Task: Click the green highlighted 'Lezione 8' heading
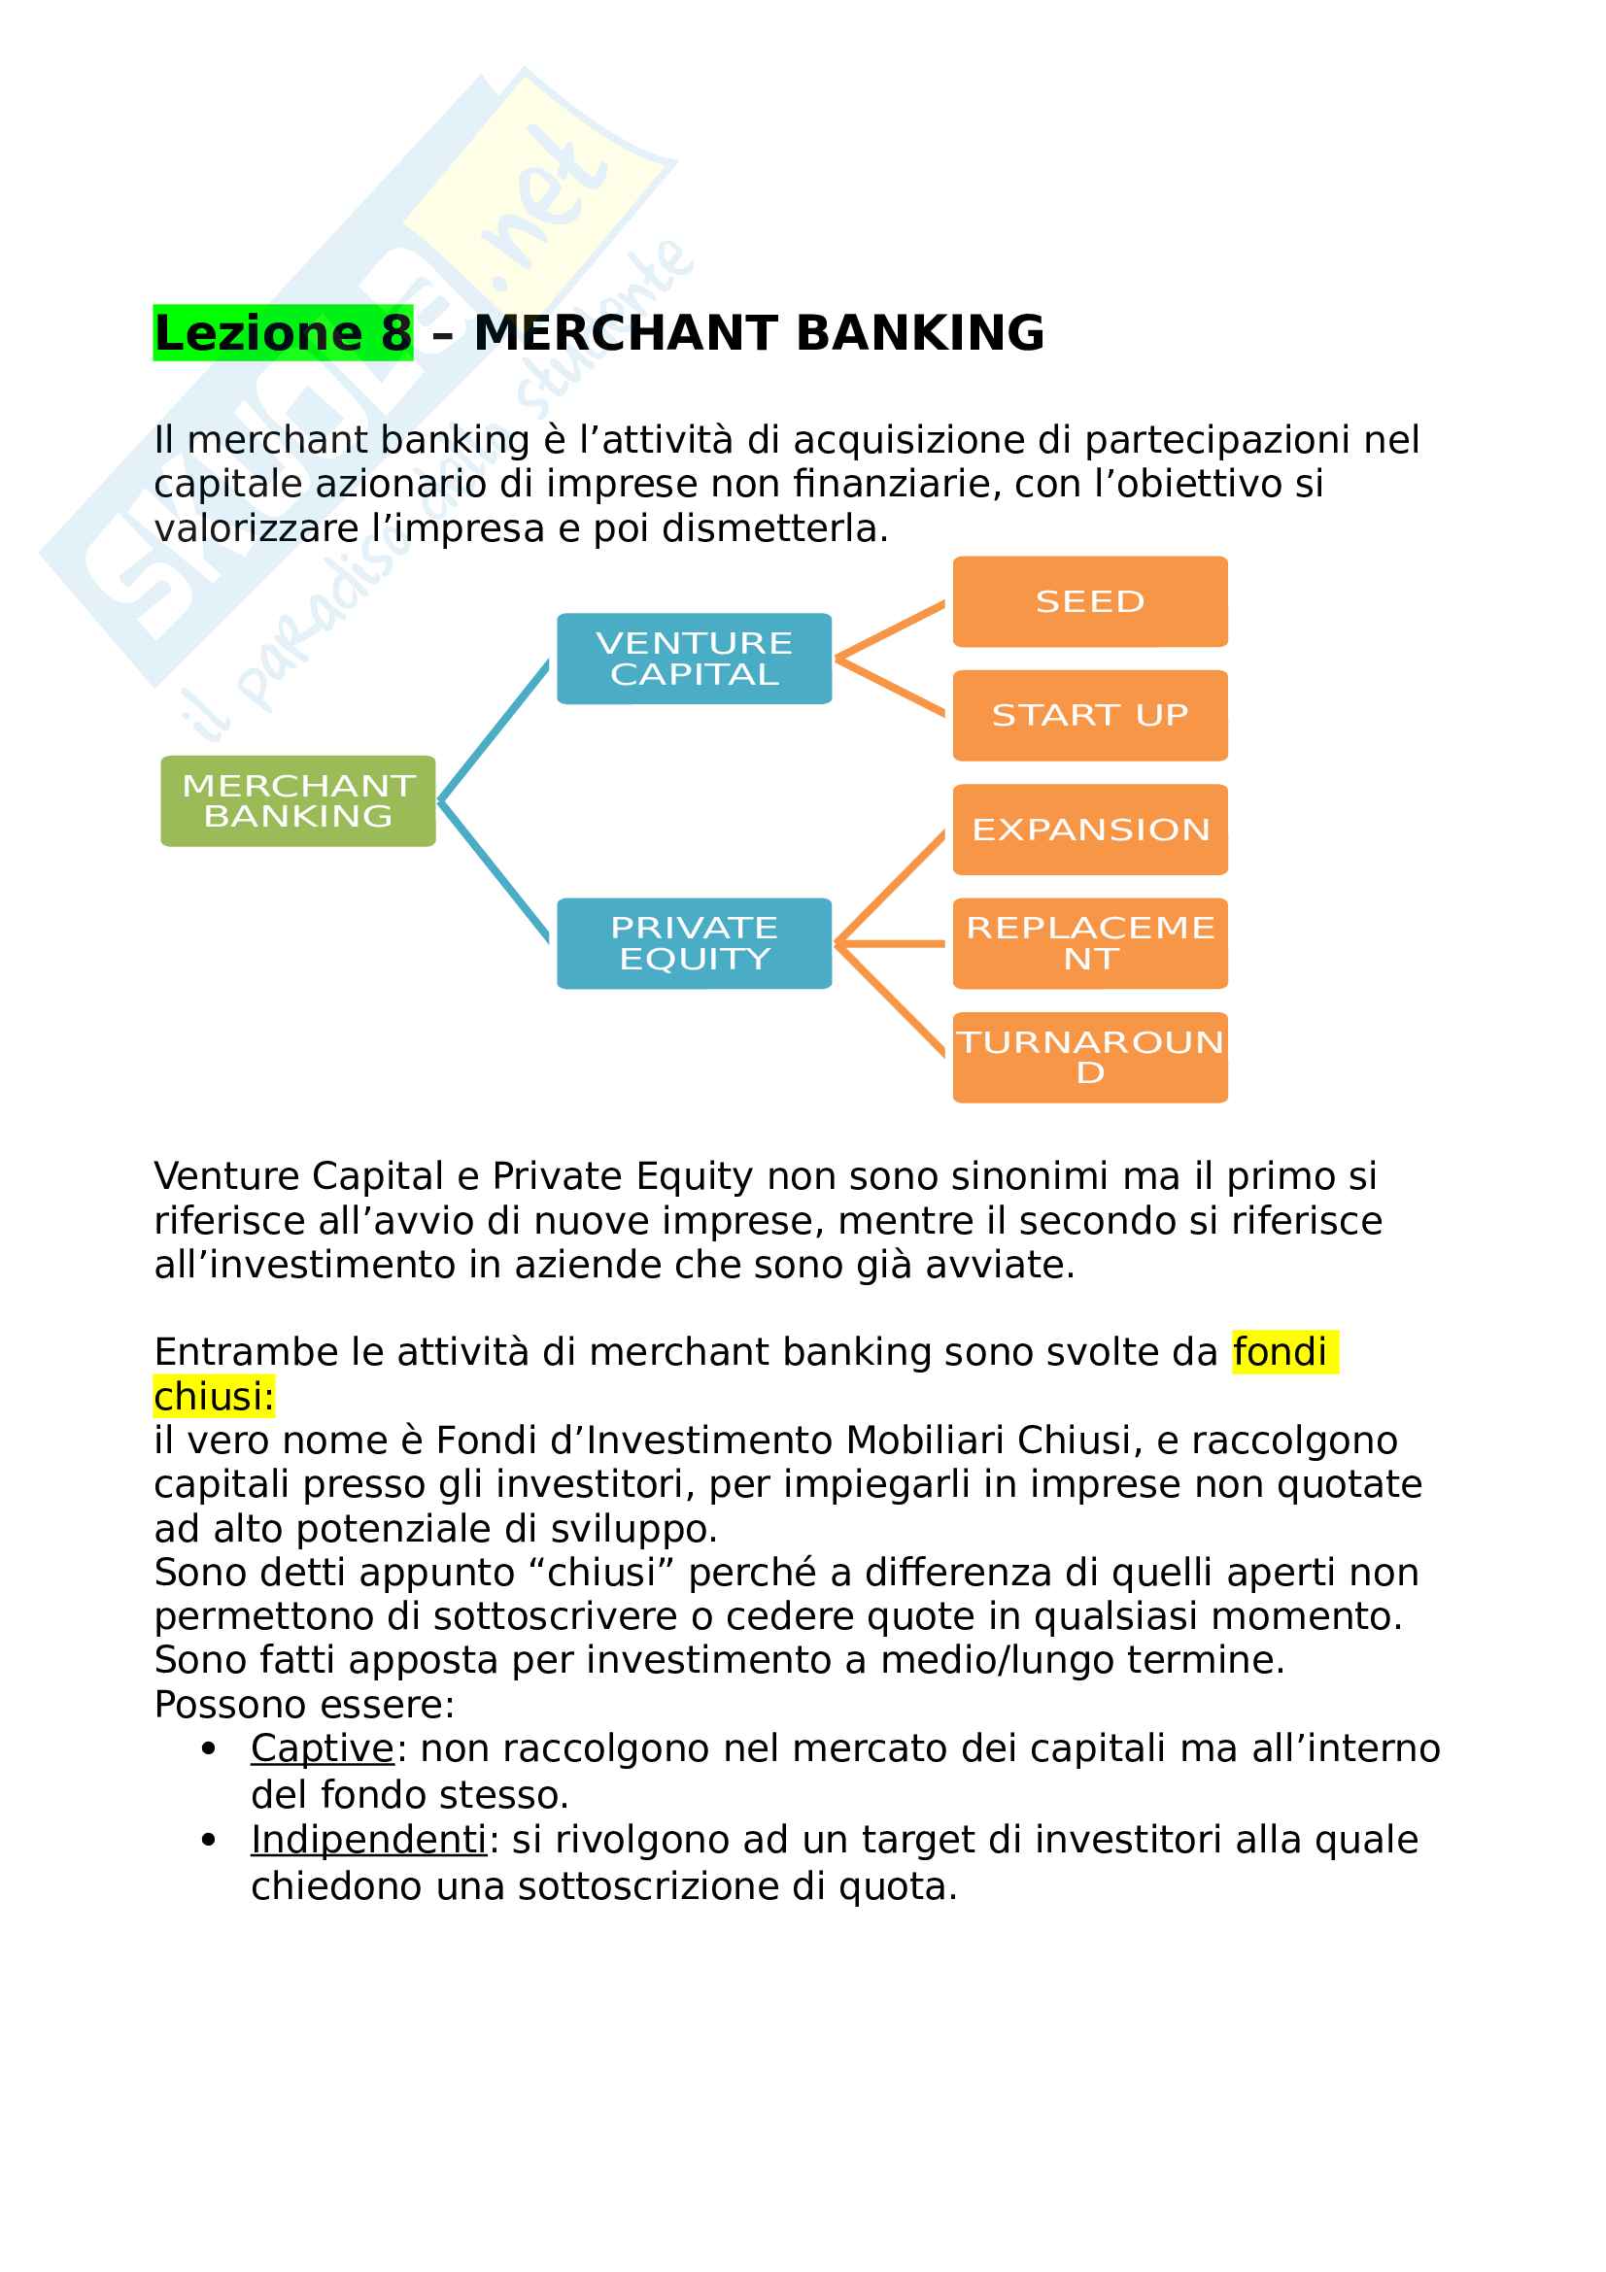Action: coord(283,332)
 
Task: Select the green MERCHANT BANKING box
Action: coord(298,800)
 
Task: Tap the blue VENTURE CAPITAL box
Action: coord(694,658)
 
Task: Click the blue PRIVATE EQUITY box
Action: coord(694,943)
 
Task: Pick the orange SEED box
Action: coord(1089,601)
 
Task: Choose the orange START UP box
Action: coord(1089,716)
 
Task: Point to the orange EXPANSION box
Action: coord(1089,830)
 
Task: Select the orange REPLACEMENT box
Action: coord(1089,943)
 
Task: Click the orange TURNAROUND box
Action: coord(1089,1057)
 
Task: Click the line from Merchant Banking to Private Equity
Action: coord(494,870)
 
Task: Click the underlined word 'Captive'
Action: coord(323,1748)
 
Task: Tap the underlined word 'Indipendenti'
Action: coord(369,1840)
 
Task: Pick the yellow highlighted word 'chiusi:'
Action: coord(214,1396)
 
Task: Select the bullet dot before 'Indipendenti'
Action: coord(208,1841)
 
